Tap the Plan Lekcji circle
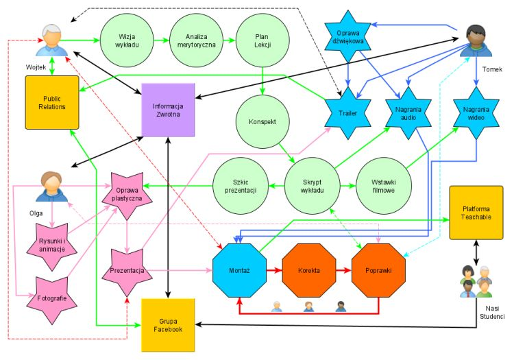(262, 40)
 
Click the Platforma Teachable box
(476, 212)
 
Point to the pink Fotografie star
(51, 300)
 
